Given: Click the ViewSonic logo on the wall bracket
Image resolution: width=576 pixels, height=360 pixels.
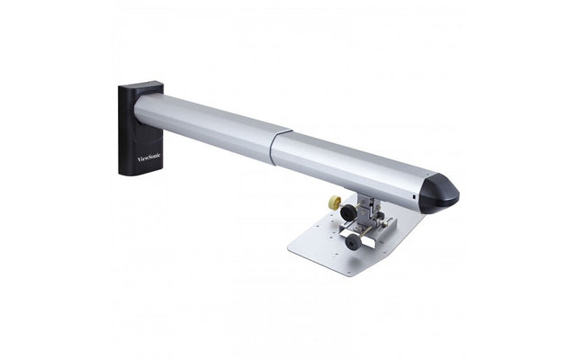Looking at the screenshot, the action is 148,157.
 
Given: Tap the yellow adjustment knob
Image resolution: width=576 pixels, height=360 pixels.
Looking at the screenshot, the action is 335,202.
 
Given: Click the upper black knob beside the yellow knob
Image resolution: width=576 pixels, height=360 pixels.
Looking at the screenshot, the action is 347,212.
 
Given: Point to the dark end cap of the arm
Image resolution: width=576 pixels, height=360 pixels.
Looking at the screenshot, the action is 439,193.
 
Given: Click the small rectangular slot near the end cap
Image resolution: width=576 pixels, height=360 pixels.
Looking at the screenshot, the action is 414,197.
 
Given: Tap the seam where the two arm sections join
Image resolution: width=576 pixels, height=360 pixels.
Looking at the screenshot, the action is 280,148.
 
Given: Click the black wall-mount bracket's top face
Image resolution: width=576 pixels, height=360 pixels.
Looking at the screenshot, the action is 141,84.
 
